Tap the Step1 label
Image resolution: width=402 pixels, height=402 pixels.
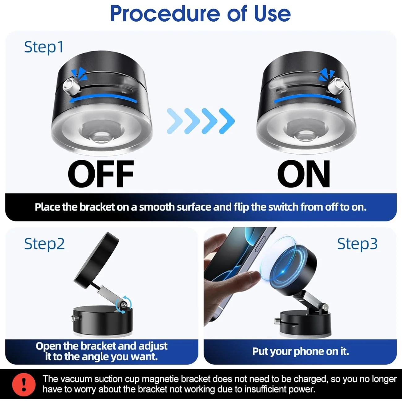(x=44, y=47)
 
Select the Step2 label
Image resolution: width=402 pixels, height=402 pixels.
(x=45, y=244)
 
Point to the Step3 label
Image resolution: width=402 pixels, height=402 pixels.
(x=357, y=244)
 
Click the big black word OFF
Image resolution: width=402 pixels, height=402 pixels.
(x=101, y=174)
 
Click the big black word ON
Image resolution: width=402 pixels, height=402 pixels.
(x=303, y=174)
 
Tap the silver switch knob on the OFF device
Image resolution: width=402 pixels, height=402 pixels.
(x=70, y=86)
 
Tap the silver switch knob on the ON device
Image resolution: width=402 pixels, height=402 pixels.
(x=336, y=86)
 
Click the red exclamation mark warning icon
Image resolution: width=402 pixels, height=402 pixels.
(x=24, y=384)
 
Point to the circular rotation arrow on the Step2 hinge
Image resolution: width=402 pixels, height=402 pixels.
(x=124, y=305)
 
